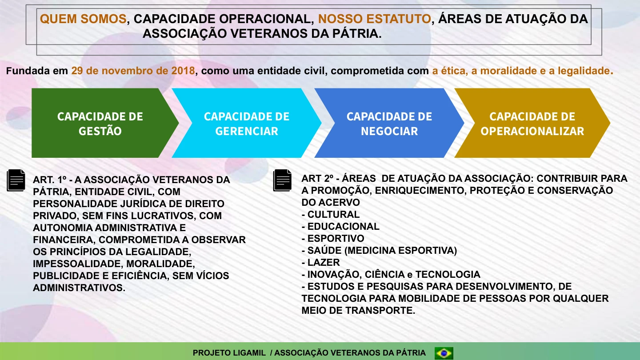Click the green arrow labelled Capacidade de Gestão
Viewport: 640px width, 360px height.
pos(100,123)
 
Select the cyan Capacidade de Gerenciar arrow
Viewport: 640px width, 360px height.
pos(247,123)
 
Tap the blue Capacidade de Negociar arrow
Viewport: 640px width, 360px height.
pos(389,123)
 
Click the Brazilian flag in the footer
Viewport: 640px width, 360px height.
pos(444,353)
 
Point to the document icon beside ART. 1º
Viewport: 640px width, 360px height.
pos(16,180)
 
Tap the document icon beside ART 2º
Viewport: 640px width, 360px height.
pos(283,180)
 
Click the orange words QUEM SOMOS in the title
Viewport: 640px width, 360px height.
pos(83,19)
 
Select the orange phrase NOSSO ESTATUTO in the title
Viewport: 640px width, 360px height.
pos(374,19)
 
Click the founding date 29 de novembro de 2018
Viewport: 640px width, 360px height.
pos(133,71)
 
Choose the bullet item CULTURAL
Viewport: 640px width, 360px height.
pos(333,214)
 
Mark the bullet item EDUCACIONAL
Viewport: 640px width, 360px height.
pos(343,226)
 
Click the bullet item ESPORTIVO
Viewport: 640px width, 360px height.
pos(336,238)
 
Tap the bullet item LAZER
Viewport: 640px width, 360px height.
pos(323,262)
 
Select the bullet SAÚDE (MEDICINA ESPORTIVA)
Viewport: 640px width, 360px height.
pos(382,250)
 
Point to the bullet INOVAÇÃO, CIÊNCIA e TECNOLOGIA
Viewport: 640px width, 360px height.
pos(393,274)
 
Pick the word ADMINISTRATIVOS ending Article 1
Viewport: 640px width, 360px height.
pos(79,288)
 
